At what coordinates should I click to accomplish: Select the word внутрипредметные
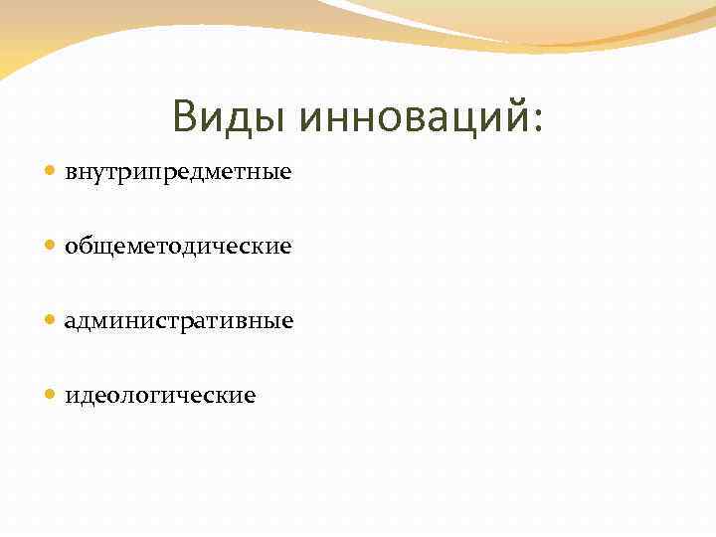178,172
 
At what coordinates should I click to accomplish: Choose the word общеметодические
178,246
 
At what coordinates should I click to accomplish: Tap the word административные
179,321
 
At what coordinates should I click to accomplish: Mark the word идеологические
160,396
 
